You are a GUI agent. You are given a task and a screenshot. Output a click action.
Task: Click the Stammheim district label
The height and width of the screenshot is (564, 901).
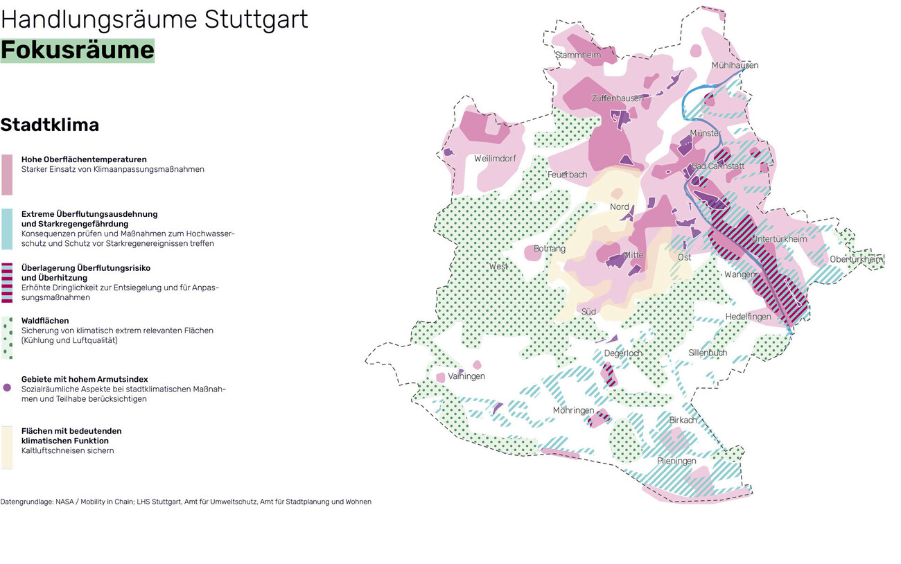pyautogui.click(x=578, y=55)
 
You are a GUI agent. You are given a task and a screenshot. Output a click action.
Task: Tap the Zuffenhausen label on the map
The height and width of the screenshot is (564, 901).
pyautogui.click(x=617, y=98)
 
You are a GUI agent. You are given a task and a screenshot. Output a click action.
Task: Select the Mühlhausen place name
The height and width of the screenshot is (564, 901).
pyautogui.click(x=735, y=65)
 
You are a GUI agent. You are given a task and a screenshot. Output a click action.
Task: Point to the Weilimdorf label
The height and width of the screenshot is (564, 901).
pyautogui.click(x=495, y=159)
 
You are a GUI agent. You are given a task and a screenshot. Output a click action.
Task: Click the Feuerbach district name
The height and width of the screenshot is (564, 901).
pyautogui.click(x=567, y=175)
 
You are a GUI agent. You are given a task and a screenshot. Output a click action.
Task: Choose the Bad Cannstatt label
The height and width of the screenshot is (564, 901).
pyautogui.click(x=718, y=166)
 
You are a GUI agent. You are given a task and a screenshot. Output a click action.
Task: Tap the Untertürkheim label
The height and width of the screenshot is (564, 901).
pyautogui.click(x=780, y=239)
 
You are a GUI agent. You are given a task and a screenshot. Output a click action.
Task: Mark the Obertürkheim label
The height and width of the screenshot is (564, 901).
pyautogui.click(x=856, y=259)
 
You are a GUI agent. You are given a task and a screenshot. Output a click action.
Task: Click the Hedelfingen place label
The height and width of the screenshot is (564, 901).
pyautogui.click(x=748, y=317)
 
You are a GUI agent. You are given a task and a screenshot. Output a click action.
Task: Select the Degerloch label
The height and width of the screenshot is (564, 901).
pyautogui.click(x=622, y=353)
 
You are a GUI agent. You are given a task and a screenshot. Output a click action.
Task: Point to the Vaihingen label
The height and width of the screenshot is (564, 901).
pyautogui.click(x=466, y=376)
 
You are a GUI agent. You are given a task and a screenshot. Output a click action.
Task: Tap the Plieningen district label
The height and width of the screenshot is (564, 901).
pyautogui.click(x=676, y=461)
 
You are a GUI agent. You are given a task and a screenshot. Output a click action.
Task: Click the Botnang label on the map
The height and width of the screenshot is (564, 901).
pyautogui.click(x=550, y=249)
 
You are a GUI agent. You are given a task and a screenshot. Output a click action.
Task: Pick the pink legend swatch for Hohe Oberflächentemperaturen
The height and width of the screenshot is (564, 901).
pyautogui.click(x=7, y=175)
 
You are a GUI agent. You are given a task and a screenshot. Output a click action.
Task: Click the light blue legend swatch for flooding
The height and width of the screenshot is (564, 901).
pyautogui.click(x=7, y=229)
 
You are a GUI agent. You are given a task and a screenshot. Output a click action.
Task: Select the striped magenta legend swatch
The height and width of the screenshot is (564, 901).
pyautogui.click(x=7, y=283)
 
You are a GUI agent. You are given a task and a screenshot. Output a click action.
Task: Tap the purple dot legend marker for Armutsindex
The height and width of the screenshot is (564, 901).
pyautogui.click(x=7, y=388)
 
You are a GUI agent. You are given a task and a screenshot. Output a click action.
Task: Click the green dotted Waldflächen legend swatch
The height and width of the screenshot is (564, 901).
pyautogui.click(x=7, y=337)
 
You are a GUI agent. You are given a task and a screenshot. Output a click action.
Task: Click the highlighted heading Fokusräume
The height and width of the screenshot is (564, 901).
pyautogui.click(x=77, y=51)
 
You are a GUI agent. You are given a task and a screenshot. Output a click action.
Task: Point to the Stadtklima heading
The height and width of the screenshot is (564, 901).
pyautogui.click(x=50, y=125)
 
